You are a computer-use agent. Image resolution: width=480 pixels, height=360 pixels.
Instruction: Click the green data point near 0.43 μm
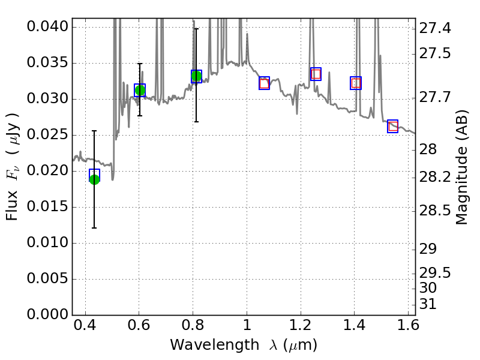tap(94, 179)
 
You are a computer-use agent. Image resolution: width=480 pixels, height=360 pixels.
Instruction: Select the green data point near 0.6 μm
tap(140, 91)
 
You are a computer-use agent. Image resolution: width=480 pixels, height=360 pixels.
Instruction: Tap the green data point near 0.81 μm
tap(196, 76)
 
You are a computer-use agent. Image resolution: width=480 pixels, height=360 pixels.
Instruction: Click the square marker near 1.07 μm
tap(264, 83)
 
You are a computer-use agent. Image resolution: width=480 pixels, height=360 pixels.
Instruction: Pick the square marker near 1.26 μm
tap(316, 74)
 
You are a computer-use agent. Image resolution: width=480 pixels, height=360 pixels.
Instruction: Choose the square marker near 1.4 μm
tap(356, 83)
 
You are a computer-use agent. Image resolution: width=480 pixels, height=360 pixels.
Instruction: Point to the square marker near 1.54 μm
tap(393, 126)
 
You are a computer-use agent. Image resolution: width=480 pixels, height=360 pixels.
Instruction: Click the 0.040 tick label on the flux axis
tap(47, 27)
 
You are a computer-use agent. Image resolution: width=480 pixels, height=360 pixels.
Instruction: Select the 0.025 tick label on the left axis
tap(47, 135)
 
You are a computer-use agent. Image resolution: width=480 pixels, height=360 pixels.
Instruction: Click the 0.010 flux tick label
tap(47, 243)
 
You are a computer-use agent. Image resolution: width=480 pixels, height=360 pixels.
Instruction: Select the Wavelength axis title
tap(243, 346)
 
